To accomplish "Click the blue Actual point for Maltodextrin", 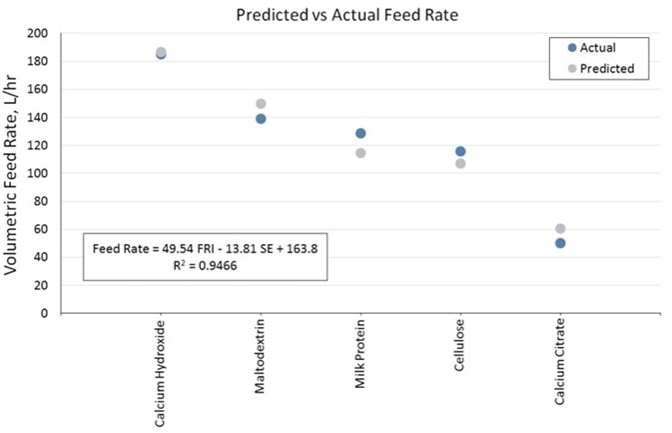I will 261,119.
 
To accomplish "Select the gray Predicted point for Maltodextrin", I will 261,104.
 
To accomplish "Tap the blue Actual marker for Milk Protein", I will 360,133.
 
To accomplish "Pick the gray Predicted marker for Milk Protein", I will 360,153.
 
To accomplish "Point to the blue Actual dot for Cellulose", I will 460,151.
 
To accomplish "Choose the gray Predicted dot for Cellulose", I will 460,163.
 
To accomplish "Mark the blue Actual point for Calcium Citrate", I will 560,243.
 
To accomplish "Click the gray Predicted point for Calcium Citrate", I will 560,229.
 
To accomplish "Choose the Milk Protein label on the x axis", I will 360,356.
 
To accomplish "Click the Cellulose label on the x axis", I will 460,350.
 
